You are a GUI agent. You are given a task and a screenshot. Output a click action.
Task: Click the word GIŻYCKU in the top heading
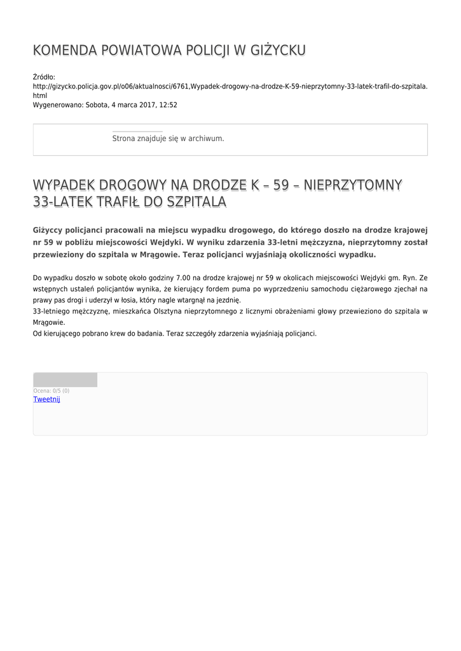coord(277,51)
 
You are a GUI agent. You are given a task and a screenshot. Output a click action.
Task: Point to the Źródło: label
coord(45,77)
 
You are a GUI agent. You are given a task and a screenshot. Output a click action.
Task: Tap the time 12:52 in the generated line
coord(169,105)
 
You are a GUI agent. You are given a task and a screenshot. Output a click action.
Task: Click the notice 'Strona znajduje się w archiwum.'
coord(168,138)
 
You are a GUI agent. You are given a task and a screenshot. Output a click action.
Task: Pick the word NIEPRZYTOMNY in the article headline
coord(353,185)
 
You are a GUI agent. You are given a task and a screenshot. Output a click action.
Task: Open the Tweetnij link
coord(46,399)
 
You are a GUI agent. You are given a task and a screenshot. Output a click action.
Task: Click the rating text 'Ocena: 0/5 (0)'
coord(52,390)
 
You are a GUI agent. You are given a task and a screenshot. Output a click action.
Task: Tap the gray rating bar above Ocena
coord(65,380)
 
